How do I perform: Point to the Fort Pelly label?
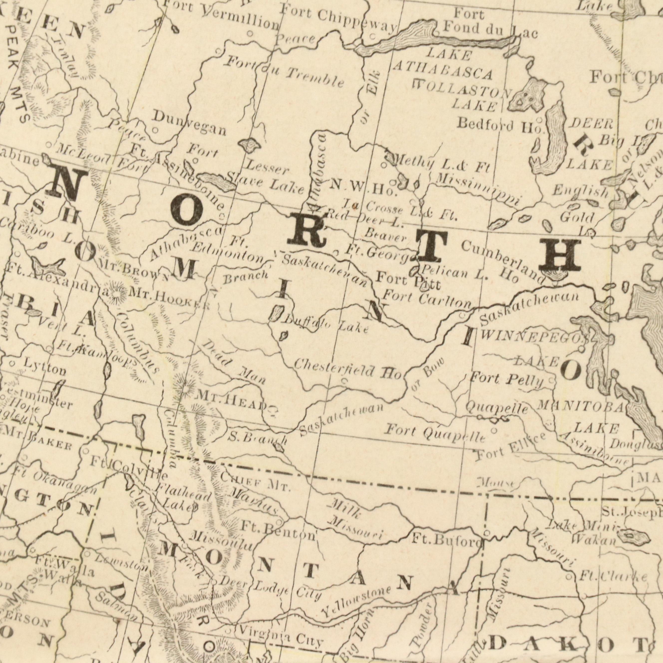click(x=506, y=379)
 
